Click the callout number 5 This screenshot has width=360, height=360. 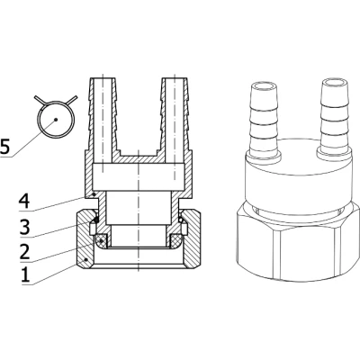click(4, 147)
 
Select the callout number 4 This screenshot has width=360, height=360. click(24, 202)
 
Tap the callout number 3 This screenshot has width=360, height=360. click(24, 227)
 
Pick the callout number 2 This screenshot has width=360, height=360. click(24, 252)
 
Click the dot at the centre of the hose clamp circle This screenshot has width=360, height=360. click(56, 120)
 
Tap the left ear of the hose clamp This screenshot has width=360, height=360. click(40, 100)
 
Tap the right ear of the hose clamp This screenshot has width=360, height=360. click(72, 100)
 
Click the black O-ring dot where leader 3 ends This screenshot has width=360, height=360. click(95, 220)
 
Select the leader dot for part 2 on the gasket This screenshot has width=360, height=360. click(102, 240)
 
